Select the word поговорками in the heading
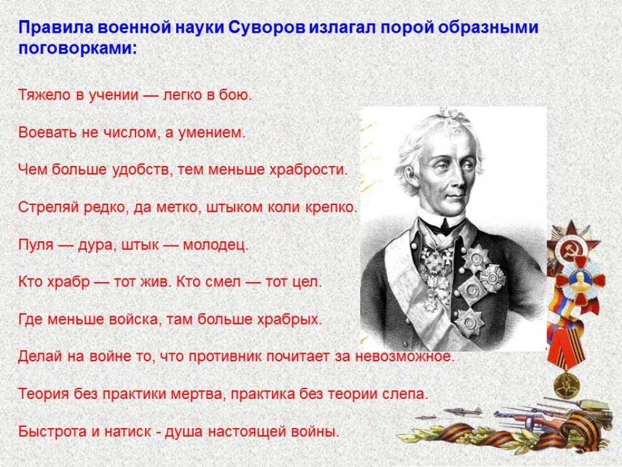tap(77, 49)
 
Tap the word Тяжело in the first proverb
tap(44, 95)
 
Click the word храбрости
tap(308, 170)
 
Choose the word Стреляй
tap(49, 208)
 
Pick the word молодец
tap(216, 245)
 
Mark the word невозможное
tap(405, 356)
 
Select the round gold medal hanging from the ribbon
tap(566, 384)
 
